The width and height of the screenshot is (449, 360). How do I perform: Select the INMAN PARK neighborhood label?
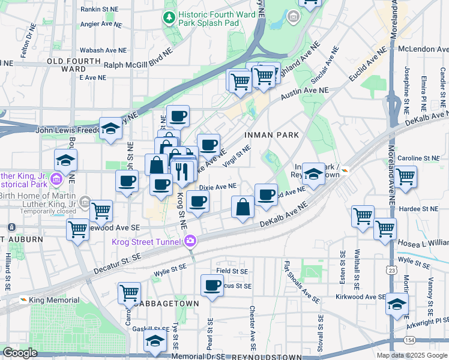pos(272,135)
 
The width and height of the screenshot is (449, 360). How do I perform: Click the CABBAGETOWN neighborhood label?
pos(166,304)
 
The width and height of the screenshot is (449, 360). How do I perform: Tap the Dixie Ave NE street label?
pos(217,187)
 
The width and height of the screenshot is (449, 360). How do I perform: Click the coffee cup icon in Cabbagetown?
pos(211,286)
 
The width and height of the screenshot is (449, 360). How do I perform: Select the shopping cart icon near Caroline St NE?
pos(406,176)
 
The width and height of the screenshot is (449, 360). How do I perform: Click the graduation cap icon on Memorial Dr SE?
pos(155,342)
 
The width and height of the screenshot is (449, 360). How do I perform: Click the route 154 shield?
pos(409,341)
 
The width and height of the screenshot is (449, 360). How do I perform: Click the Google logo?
pos(20,353)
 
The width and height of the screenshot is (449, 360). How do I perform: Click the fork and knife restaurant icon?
pos(181,170)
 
